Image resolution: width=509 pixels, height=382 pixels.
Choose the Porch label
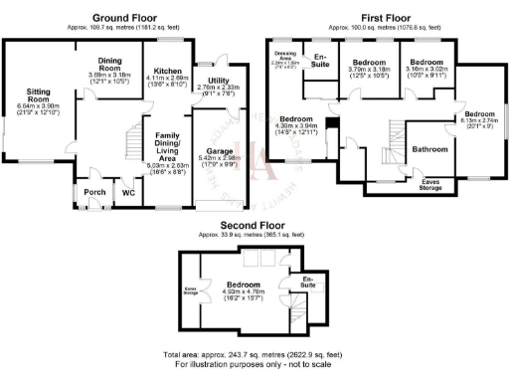(94, 192)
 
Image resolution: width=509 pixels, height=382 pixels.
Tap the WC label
(128, 192)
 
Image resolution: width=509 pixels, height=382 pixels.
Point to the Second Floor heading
(249, 225)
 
